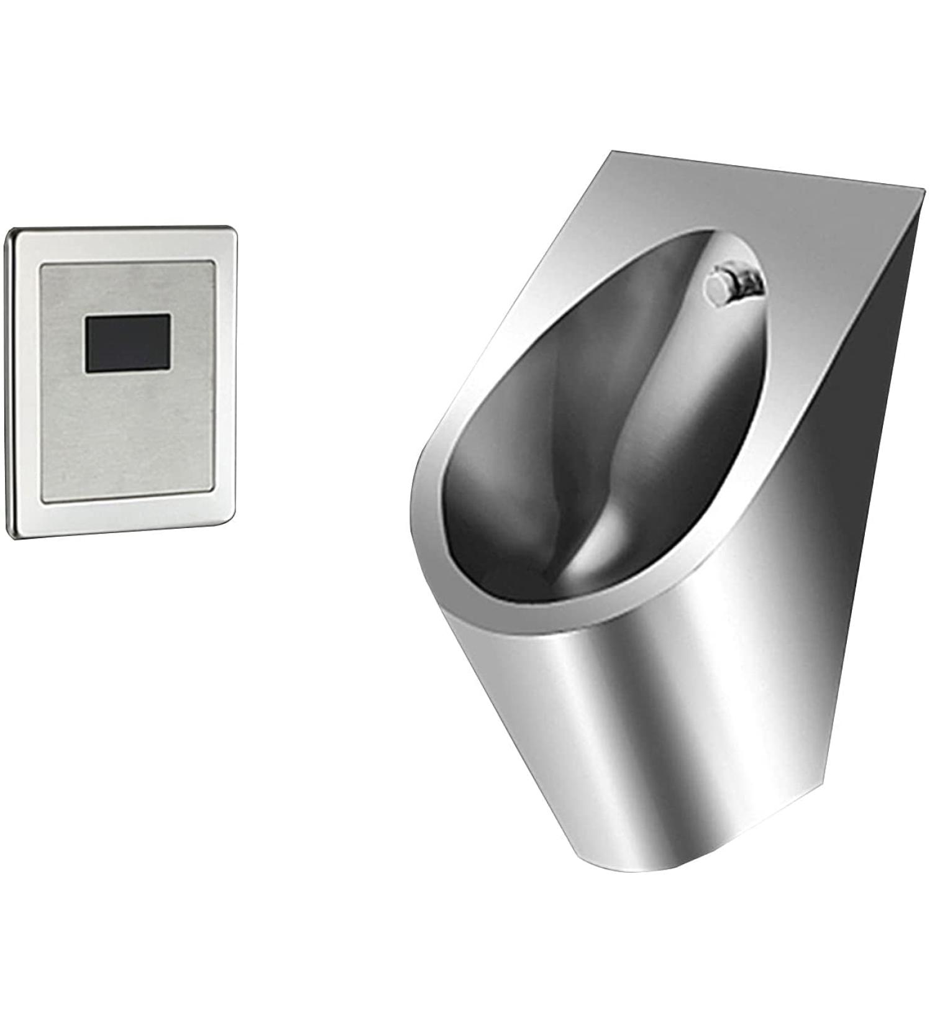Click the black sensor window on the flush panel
pos(128,343)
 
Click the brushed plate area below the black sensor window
pos(127,435)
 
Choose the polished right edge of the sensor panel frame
pos(225,373)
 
